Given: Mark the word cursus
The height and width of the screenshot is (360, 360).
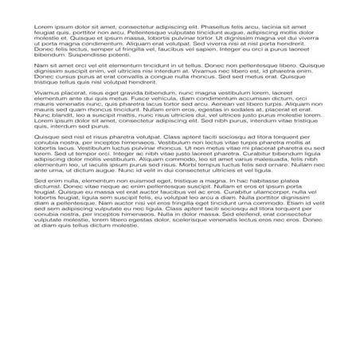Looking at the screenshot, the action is tap(65, 77).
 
